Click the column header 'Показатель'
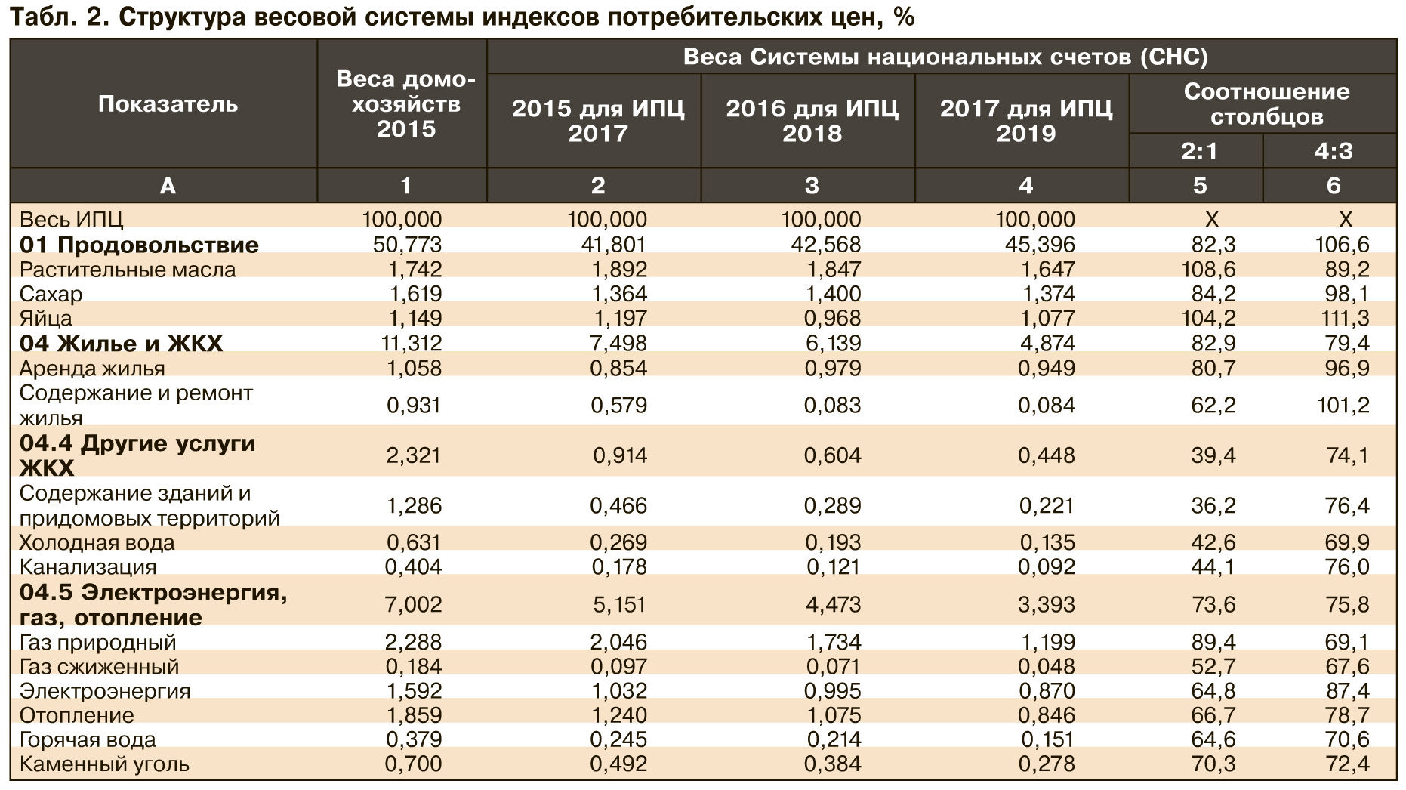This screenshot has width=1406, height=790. (x=168, y=103)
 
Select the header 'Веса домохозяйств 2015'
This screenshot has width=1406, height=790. (x=406, y=103)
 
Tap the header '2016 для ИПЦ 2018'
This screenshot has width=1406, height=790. (x=812, y=121)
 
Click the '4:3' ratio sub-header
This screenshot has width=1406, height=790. (x=1333, y=151)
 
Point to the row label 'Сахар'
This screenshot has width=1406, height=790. (x=51, y=294)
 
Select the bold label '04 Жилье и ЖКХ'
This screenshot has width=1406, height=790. (x=121, y=344)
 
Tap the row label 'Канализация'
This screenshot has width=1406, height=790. (x=88, y=566)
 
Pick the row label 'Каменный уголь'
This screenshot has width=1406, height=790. (x=104, y=764)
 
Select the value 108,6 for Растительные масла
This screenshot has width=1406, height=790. (x=1208, y=270)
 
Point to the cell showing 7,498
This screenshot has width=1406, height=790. (x=618, y=344)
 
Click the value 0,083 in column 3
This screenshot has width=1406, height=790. (x=832, y=406)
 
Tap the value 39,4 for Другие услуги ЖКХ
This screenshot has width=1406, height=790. (x=1213, y=455)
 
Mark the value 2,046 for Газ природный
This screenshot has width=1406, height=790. (x=618, y=642)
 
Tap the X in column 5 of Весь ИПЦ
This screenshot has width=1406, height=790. (x=1211, y=220)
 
